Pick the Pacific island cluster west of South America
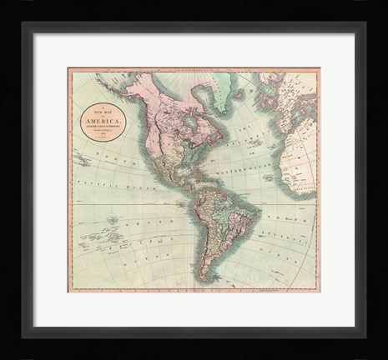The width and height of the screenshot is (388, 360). (x=117, y=221)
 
